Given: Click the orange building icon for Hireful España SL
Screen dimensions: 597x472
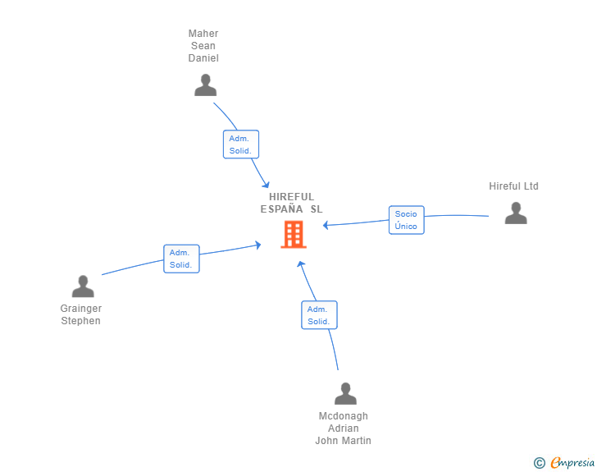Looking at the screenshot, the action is click(294, 235).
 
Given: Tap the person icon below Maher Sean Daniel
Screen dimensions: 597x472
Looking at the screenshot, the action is click(206, 85).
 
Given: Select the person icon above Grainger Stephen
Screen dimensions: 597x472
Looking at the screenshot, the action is click(83, 286).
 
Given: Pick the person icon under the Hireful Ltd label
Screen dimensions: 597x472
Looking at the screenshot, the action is click(516, 213).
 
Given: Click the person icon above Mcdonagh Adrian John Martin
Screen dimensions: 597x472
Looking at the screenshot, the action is click(346, 393).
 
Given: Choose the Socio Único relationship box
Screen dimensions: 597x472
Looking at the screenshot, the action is click(406, 220).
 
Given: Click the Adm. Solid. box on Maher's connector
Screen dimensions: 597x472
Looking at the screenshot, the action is click(241, 144).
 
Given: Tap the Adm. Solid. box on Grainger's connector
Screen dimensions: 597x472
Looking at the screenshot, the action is click(181, 259).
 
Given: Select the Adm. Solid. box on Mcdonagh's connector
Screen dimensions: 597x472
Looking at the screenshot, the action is click(319, 315).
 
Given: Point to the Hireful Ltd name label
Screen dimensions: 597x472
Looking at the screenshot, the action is click(513, 186).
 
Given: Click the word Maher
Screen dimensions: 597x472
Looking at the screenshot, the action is click(203, 34).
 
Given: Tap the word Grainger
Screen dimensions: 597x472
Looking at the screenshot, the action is click(81, 309).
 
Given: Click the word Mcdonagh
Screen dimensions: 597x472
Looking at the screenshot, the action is click(344, 416).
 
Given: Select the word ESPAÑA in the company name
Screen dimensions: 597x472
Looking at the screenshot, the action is click(282, 209).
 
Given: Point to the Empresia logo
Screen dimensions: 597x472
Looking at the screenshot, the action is click(572, 462).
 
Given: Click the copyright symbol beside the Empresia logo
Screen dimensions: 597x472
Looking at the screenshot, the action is click(540, 463).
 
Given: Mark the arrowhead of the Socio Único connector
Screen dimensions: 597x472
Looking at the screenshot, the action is click(326, 225).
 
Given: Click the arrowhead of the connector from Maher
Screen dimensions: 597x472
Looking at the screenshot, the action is click(267, 185).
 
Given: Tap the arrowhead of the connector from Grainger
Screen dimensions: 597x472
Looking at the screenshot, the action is click(257, 245).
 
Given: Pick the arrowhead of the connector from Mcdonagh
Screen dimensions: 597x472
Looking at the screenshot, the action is click(301, 263).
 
